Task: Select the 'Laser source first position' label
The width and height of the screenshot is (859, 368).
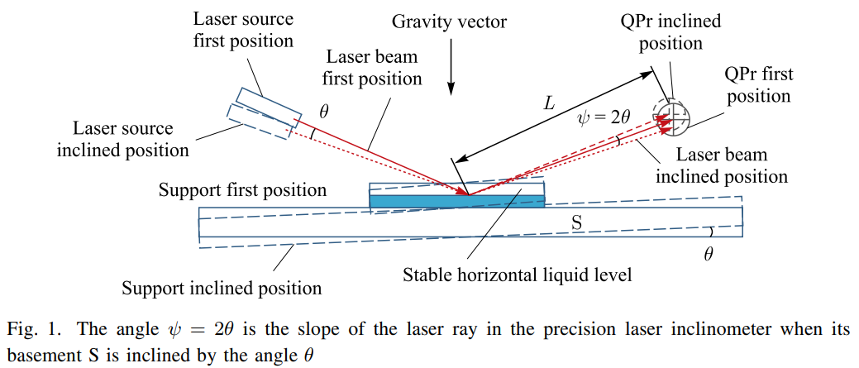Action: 243,28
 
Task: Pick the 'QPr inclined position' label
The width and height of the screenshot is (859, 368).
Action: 670,32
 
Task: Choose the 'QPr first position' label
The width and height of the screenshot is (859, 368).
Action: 758,85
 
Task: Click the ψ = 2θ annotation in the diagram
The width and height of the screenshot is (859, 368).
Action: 604,117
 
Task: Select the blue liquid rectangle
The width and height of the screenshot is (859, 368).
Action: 457,200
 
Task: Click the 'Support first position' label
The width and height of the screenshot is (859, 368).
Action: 242,190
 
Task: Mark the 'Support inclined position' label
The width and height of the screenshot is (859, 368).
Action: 222,289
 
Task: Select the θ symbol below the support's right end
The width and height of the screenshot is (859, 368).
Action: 708,255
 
